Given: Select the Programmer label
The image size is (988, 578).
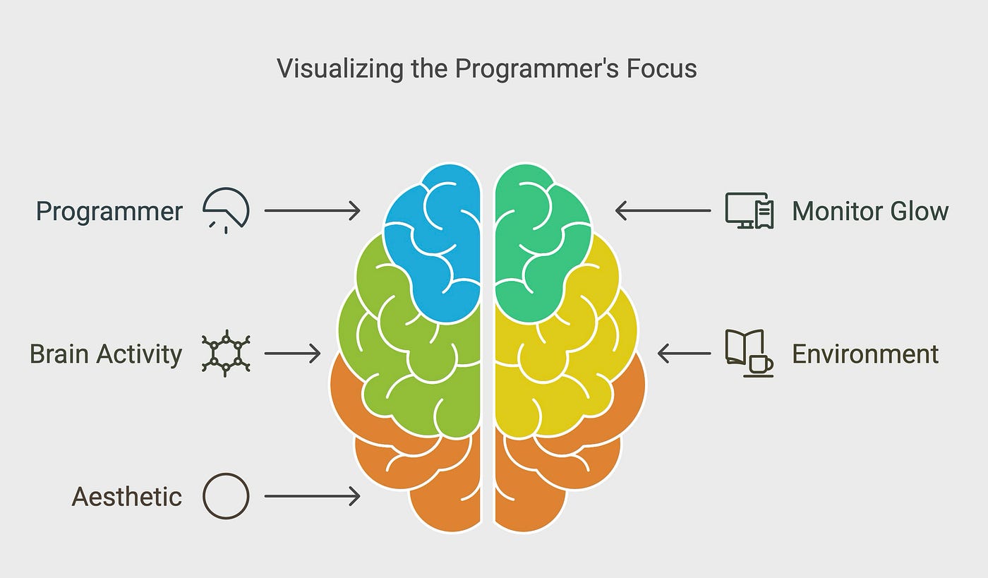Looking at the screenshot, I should point(109,212).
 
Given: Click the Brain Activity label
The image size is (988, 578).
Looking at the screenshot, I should point(106,354).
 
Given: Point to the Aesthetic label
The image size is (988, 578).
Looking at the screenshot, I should point(127,497).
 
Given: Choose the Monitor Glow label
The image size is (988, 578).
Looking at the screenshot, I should point(870,212).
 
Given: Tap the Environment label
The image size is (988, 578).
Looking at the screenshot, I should point(865,354).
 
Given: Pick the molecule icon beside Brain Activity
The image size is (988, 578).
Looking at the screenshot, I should point(226,353).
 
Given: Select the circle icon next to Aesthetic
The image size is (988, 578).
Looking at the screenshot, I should point(226,496).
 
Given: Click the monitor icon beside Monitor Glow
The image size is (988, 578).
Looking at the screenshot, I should point(749,210).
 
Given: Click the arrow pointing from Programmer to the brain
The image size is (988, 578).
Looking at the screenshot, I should point(312,210).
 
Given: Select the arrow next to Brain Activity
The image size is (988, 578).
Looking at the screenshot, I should point(292,354).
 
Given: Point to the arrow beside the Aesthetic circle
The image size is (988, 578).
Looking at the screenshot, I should point(312,497).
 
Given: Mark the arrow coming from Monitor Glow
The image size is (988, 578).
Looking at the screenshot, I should point(663,210).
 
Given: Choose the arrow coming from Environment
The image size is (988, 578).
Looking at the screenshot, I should point(684,354).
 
